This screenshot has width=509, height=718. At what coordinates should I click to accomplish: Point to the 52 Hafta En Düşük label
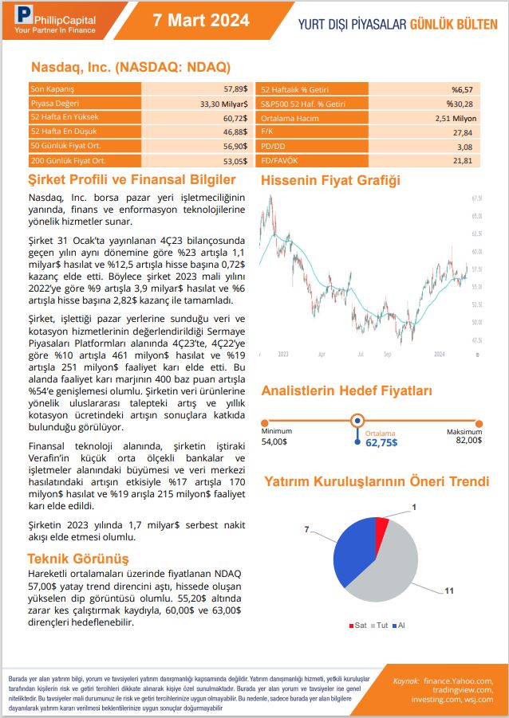(59, 131)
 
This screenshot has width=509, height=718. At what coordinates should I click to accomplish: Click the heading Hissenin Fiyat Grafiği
(331, 181)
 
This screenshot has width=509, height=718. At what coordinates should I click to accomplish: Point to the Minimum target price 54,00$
(275, 441)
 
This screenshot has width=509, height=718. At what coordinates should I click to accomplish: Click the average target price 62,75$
(381, 442)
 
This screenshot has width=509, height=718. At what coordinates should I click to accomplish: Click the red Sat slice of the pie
(381, 527)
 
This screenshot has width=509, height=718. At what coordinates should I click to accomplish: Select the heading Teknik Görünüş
(78, 559)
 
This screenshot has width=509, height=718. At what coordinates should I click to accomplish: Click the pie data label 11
(450, 590)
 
